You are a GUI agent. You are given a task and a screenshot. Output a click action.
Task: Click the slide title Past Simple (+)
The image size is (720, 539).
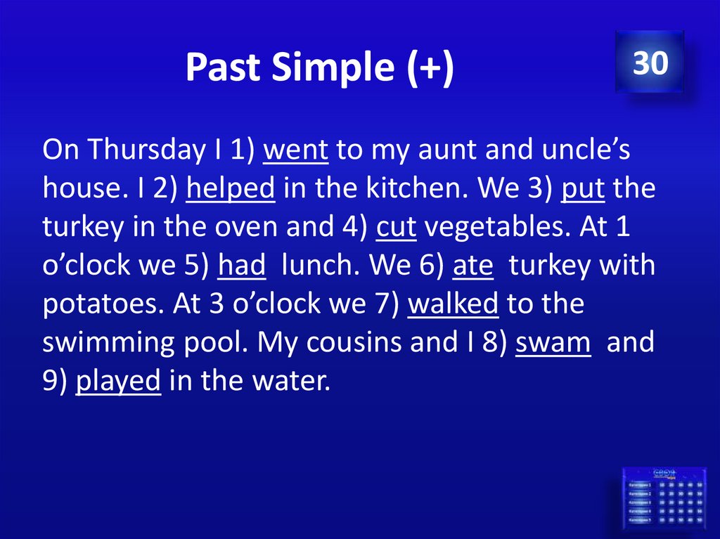[320, 68]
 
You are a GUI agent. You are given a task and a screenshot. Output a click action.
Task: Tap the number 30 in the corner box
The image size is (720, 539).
[650, 63]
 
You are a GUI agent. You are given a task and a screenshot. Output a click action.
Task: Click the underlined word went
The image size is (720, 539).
[295, 150]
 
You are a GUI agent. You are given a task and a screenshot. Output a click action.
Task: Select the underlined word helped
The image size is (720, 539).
[230, 188]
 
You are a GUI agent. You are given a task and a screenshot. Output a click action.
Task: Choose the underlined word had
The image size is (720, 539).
[242, 266]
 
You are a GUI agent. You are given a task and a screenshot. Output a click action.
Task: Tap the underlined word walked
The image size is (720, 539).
[453, 304]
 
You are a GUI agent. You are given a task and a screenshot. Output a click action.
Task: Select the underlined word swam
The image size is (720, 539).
[553, 342]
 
